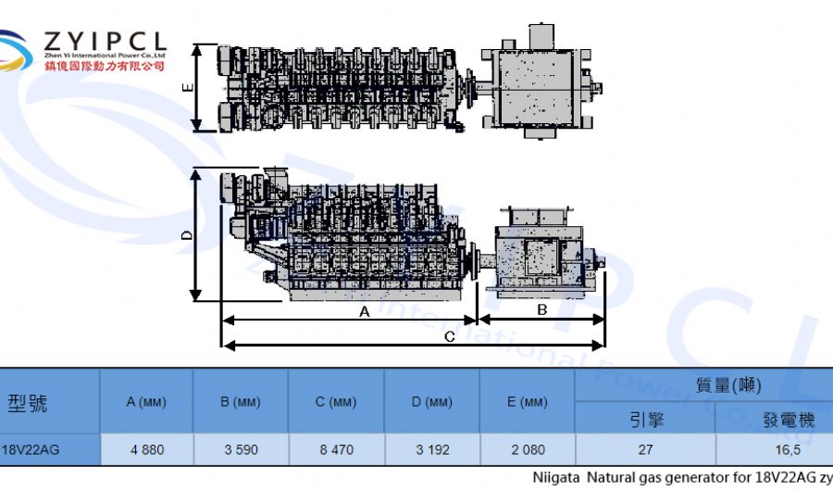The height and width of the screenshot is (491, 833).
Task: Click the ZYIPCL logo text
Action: coord(105,42)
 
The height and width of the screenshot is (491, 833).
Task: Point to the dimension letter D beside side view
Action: coord(187,236)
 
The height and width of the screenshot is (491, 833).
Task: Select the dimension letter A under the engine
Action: coord(364,312)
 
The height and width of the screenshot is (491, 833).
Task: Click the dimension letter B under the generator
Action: coord(542,310)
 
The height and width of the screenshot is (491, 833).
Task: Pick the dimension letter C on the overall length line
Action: coord(449,337)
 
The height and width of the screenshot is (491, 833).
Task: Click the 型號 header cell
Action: coord(28,402)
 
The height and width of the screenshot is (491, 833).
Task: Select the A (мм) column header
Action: coord(146,402)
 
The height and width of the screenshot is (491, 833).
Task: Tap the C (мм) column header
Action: coord(336,402)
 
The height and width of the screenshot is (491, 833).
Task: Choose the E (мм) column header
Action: coord(528,402)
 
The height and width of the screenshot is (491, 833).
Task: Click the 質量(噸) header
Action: coord(728,384)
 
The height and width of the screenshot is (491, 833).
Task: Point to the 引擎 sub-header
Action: coord(646,420)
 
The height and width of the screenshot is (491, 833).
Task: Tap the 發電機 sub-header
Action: coord(789,420)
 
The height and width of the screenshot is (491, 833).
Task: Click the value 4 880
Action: coord(147,449)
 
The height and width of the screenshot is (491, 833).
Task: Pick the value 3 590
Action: coord(241,449)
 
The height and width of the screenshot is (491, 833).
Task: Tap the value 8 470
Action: coord(336,449)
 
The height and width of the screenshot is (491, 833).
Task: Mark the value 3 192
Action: coord(432,449)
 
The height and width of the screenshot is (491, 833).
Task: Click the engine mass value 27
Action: coord(646,449)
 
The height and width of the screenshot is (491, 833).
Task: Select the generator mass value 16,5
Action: coord(789,449)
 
